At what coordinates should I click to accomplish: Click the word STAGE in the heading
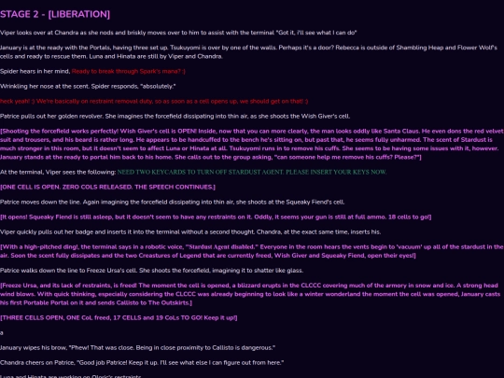point(21,14)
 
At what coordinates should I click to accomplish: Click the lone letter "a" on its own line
point(3,332)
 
